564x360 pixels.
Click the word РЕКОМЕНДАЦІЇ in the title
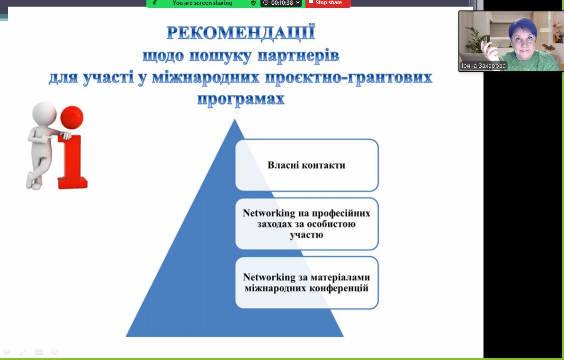[241, 33]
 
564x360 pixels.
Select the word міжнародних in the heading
[206, 77]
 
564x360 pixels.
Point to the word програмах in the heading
[241, 99]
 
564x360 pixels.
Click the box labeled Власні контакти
[307, 165]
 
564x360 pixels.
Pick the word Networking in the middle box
[269, 213]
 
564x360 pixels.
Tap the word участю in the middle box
[306, 235]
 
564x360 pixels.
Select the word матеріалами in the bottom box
[340, 277]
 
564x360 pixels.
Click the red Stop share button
[328, 3]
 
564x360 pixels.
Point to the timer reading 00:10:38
[281, 3]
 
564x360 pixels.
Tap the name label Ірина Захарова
[483, 66]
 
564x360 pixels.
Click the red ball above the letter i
[72, 117]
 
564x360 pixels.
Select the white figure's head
[44, 114]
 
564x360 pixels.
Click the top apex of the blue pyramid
[235, 119]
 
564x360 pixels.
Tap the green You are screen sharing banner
[203, 3]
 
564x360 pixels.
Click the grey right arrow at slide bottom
[54, 351]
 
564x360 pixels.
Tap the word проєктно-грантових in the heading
[349, 78]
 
